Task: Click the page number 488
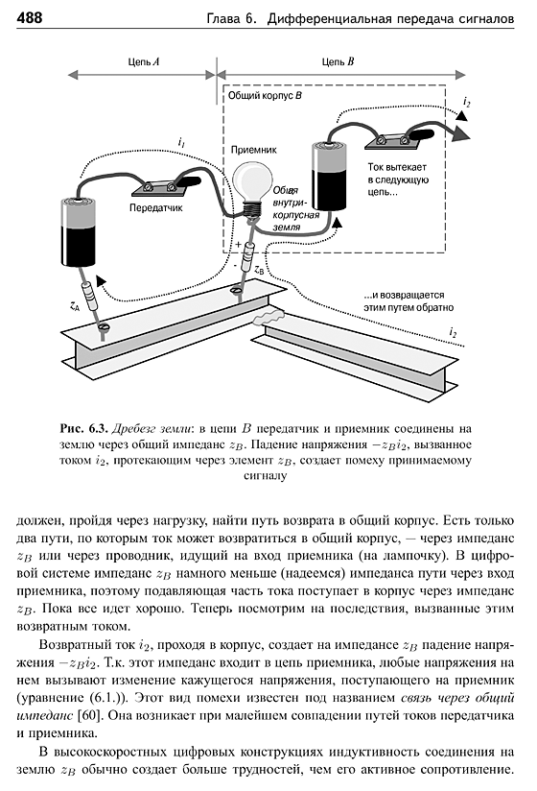(x=30, y=18)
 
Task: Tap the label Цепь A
(x=144, y=61)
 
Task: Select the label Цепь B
(x=338, y=61)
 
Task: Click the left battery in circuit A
(x=79, y=232)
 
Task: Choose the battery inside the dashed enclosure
(x=329, y=176)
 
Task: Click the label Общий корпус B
(x=265, y=95)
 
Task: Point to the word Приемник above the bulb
(x=254, y=150)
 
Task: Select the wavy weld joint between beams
(x=270, y=318)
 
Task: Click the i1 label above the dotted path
(x=181, y=143)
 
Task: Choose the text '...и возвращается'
(x=404, y=295)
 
